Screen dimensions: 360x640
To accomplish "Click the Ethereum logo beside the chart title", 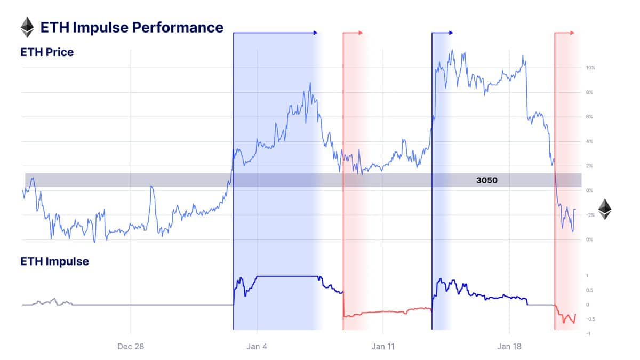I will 27,27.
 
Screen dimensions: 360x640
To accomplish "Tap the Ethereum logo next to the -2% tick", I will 604,210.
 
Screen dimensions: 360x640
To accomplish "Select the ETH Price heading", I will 47,52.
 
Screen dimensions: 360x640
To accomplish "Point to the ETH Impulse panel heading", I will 54,261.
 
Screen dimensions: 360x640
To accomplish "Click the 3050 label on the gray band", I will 486,180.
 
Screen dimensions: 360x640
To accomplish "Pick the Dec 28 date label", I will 131,346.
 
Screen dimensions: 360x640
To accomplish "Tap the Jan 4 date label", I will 257,346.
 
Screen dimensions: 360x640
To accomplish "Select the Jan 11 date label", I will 383,346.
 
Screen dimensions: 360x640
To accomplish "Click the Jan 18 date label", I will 509,346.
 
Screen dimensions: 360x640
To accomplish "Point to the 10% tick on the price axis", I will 590,68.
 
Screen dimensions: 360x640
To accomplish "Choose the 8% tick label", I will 589,92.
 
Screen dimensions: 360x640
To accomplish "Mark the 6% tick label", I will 589,117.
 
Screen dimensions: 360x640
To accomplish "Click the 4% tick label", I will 589,141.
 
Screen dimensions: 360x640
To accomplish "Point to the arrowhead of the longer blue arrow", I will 315,33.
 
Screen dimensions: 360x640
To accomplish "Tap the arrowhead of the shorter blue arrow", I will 451,33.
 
